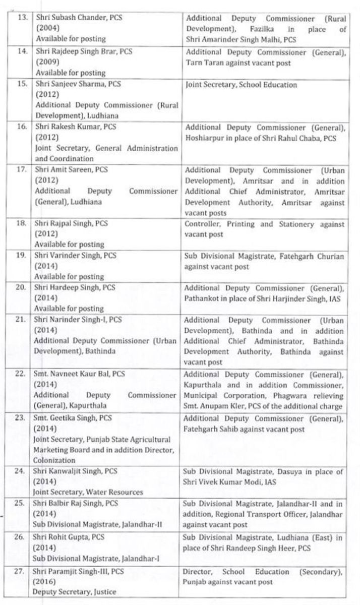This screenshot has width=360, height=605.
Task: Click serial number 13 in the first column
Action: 21,17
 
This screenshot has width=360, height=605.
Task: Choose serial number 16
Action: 21,127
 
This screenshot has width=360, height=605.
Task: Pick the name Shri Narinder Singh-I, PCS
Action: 79,320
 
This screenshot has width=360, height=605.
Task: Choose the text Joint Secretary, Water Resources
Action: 89,492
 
